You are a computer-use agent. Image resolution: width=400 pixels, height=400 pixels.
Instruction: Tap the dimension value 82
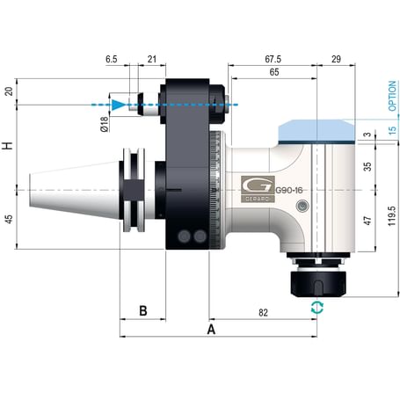coord(263,312)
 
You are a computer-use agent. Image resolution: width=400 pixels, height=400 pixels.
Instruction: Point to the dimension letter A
coord(210,329)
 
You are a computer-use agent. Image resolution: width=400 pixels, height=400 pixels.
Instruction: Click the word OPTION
coord(392,98)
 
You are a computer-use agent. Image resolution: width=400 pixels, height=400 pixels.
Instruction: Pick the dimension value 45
coord(10,220)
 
